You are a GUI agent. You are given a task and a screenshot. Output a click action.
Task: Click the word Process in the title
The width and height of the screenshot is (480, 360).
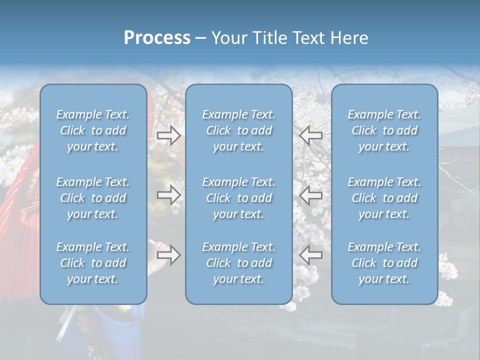157,38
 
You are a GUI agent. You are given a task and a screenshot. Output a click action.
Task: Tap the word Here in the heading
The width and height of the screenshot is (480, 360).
349,38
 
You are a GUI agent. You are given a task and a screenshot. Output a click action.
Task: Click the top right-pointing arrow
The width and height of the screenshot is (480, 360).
168,135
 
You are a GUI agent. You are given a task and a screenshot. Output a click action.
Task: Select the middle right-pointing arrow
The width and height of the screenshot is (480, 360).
168,195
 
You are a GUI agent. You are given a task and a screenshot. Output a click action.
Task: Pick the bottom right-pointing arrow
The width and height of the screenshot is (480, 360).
168,255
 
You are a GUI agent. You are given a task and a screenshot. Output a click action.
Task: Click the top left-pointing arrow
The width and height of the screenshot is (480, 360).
310,135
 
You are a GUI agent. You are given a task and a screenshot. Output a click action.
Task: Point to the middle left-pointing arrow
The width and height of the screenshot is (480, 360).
310,195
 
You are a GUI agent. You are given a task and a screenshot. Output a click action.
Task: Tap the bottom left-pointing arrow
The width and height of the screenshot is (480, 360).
310,255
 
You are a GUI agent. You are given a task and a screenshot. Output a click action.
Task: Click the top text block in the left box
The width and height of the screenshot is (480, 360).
93,130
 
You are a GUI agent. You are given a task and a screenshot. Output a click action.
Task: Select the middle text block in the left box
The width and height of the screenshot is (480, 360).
93,198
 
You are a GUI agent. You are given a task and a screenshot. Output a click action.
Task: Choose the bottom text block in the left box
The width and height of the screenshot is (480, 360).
93,263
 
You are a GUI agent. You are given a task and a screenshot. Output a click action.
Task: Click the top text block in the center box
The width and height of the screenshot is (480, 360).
239,130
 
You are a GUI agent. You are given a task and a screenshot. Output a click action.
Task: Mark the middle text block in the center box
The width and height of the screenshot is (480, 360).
239,198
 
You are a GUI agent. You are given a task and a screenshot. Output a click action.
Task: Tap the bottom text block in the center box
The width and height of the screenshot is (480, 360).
239,263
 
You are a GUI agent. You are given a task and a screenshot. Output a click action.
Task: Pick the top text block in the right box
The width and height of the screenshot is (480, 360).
384,130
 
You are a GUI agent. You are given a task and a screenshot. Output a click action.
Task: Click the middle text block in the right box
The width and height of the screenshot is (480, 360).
384,198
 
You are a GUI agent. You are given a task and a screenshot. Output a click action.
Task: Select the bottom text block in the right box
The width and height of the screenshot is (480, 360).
384,263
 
